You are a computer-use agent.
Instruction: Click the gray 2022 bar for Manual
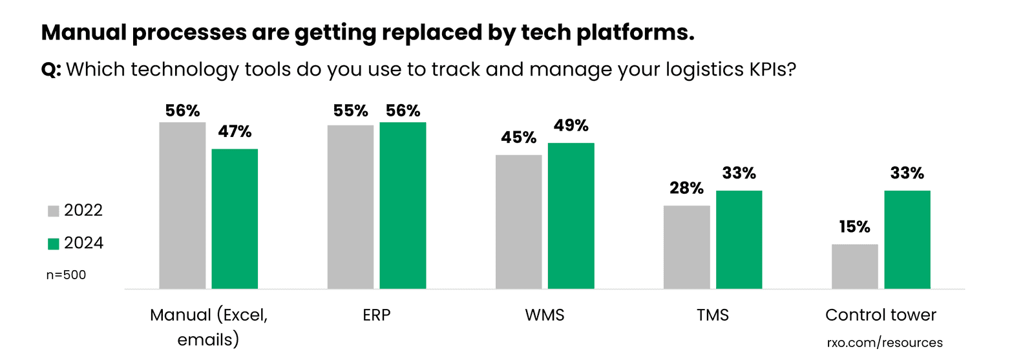pyautogui.click(x=182, y=205)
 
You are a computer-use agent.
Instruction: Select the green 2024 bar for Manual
pyautogui.click(x=235, y=218)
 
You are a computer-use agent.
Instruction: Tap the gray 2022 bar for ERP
pyautogui.click(x=350, y=207)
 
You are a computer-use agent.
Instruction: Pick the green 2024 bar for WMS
pyautogui.click(x=571, y=215)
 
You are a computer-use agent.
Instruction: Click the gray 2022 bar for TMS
pyautogui.click(x=686, y=247)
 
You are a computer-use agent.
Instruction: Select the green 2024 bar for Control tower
pyautogui.click(x=907, y=239)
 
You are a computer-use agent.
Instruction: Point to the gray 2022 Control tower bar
pyautogui.click(x=854, y=266)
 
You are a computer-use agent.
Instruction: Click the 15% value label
pyautogui.click(x=854, y=227)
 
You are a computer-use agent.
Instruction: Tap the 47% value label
pyautogui.click(x=235, y=132)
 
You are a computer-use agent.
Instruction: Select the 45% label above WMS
pyautogui.click(x=518, y=138)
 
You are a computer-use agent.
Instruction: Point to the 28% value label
pyautogui.click(x=686, y=188)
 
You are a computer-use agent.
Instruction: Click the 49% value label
pyautogui.click(x=571, y=125)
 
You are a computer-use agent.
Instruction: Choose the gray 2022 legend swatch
pyautogui.click(x=54, y=211)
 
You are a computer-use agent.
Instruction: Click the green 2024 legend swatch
pyautogui.click(x=54, y=244)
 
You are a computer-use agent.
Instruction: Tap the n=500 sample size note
pyautogui.click(x=66, y=275)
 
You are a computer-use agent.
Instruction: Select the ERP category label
pyautogui.click(x=376, y=315)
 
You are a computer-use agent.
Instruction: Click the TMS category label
pyautogui.click(x=712, y=315)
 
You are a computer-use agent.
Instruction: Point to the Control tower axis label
pyautogui.click(x=880, y=315)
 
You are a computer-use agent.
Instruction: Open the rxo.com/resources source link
pyautogui.click(x=884, y=343)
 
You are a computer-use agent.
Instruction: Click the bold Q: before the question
pyautogui.click(x=51, y=70)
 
